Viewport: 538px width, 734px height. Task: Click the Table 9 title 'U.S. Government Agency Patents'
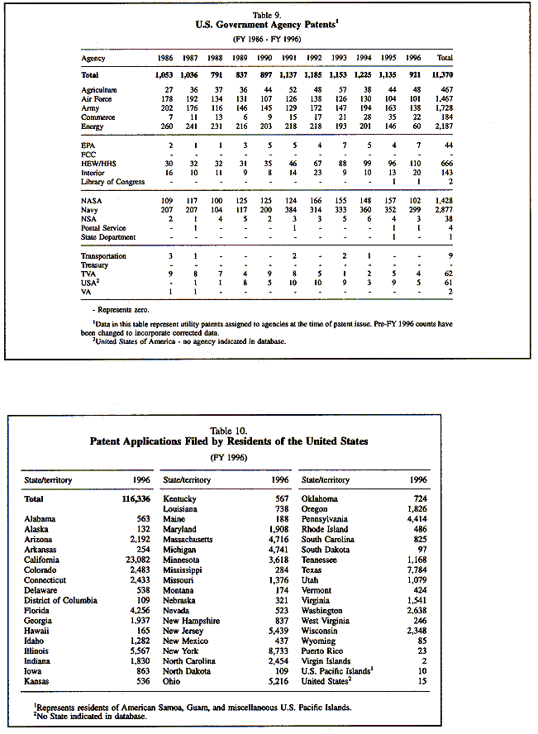point(269,24)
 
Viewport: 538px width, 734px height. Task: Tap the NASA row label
point(92,202)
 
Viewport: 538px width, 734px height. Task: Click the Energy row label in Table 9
point(93,126)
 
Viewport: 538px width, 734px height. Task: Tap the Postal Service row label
point(104,229)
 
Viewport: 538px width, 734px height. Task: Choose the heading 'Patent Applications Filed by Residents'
point(228,441)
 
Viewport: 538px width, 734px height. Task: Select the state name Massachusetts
point(188,540)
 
